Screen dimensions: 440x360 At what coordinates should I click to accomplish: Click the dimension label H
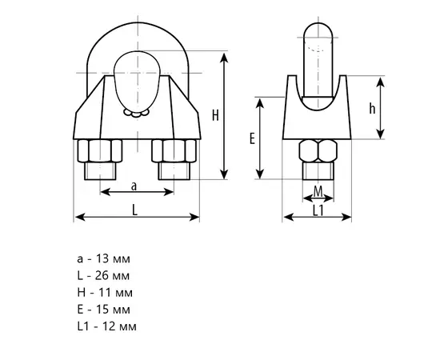click(215, 115)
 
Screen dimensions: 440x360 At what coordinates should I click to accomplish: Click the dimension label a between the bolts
click(134, 186)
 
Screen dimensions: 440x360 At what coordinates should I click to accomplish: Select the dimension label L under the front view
click(135, 210)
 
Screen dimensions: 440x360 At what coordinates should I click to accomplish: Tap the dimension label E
click(252, 138)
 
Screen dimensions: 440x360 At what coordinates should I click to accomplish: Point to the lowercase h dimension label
click(372, 109)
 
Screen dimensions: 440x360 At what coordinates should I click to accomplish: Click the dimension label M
click(318, 192)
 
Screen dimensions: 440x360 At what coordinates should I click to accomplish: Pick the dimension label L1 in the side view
click(318, 210)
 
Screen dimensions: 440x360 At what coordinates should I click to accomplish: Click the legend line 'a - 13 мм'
click(103, 258)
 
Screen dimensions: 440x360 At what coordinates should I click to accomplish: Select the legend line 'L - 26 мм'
click(103, 275)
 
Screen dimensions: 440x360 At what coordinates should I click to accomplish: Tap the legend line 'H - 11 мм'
click(105, 293)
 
